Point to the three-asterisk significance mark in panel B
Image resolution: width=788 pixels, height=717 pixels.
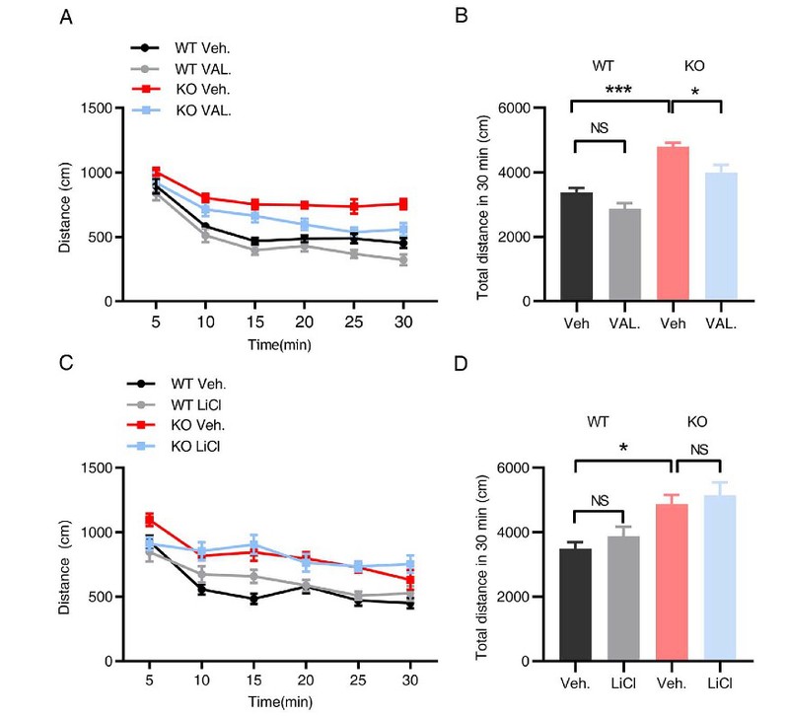(x=620, y=90)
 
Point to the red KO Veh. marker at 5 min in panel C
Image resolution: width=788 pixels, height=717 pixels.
(x=151, y=520)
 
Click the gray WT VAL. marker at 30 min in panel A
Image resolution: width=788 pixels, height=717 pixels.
(x=403, y=260)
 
